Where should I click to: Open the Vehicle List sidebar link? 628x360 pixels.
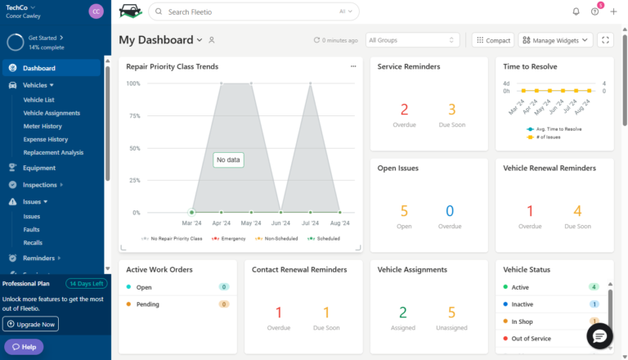(38, 100)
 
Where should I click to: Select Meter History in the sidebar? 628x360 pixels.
(43, 126)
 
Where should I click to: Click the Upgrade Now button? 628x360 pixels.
(31, 324)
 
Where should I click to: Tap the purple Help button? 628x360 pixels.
(24, 347)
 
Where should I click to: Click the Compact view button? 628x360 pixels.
(493, 40)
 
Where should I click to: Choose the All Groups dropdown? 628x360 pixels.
(413, 40)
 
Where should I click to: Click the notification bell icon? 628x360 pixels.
(576, 11)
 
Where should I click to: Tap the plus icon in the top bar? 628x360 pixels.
(613, 11)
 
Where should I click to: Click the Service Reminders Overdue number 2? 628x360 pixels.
(404, 110)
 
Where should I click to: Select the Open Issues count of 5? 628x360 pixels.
(404, 211)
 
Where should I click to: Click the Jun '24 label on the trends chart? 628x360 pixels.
(280, 223)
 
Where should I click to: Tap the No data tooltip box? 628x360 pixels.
(228, 160)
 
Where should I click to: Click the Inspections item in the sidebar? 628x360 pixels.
(40, 185)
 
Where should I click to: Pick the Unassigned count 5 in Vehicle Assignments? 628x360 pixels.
(451, 312)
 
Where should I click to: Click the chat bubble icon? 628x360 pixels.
(599, 336)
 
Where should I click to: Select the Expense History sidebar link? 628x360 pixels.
(45, 139)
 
